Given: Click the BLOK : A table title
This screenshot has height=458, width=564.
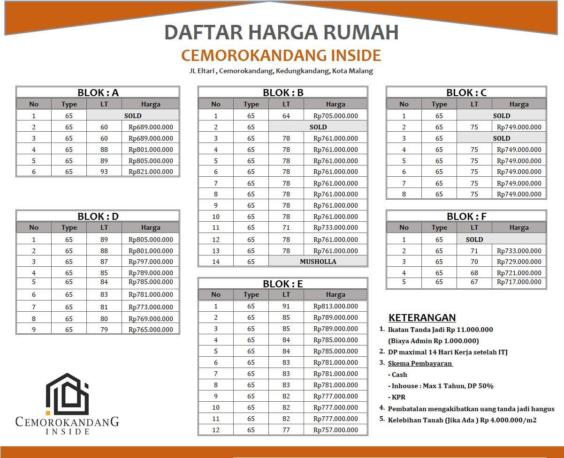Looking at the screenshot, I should pyautogui.click(x=98, y=92).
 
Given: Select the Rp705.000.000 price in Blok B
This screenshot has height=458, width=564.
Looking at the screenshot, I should pyautogui.click(x=335, y=116).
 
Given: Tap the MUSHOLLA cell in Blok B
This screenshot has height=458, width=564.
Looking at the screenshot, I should pyautogui.click(x=318, y=262).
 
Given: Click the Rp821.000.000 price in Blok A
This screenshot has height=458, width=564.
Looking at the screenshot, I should pyautogui.click(x=151, y=172).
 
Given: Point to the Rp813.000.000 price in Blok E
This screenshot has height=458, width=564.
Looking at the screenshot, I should pyautogui.click(x=335, y=306).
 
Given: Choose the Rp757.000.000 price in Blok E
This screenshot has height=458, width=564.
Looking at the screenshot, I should pyautogui.click(x=335, y=430).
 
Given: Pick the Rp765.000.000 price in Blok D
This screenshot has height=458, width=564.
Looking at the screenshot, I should pyautogui.click(x=151, y=330).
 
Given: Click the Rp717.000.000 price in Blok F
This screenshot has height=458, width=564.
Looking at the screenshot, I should pyautogui.click(x=518, y=282).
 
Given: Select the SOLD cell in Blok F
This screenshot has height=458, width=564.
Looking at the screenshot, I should pyautogui.click(x=474, y=239).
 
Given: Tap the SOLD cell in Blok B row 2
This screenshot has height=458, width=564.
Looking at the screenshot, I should pyautogui.click(x=318, y=127).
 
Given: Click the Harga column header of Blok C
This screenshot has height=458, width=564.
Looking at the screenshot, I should pyautogui.click(x=518, y=104).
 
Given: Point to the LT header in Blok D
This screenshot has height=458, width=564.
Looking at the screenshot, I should pyautogui.click(x=104, y=227).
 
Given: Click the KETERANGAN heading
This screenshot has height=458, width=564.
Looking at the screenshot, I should pyautogui.click(x=422, y=317).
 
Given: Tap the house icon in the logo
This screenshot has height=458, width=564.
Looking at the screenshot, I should pyautogui.click(x=67, y=394).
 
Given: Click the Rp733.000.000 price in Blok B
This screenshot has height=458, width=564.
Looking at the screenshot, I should pyautogui.click(x=335, y=227).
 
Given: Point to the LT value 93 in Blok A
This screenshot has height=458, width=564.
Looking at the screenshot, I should pyautogui.click(x=104, y=172).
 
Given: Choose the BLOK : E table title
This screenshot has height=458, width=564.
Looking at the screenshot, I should pyautogui.click(x=282, y=284).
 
